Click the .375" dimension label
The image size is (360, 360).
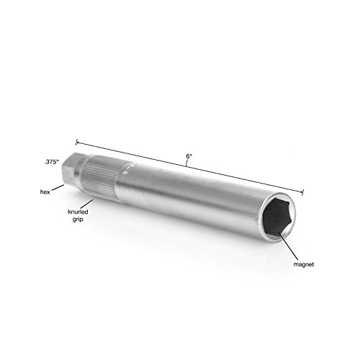tap(52, 162)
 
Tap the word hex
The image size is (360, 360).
tap(45, 192)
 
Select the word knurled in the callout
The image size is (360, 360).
tap(78, 212)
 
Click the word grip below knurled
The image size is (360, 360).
tap(78, 220)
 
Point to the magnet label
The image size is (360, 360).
tap(304, 264)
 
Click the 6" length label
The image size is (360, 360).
tap(189, 156)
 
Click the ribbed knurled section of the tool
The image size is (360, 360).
tap(101, 177)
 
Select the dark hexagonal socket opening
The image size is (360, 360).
tap(276, 217)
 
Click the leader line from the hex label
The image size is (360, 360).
tap(58, 187)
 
